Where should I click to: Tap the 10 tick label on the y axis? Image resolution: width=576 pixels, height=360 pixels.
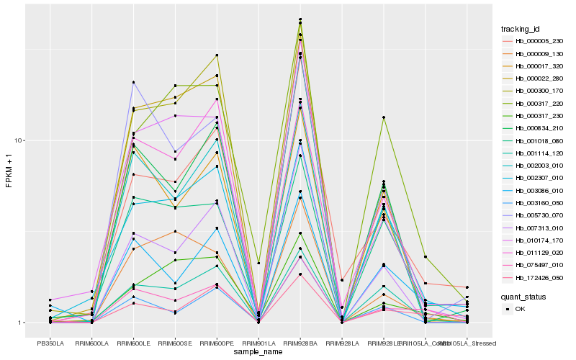[x=22, y=140]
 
